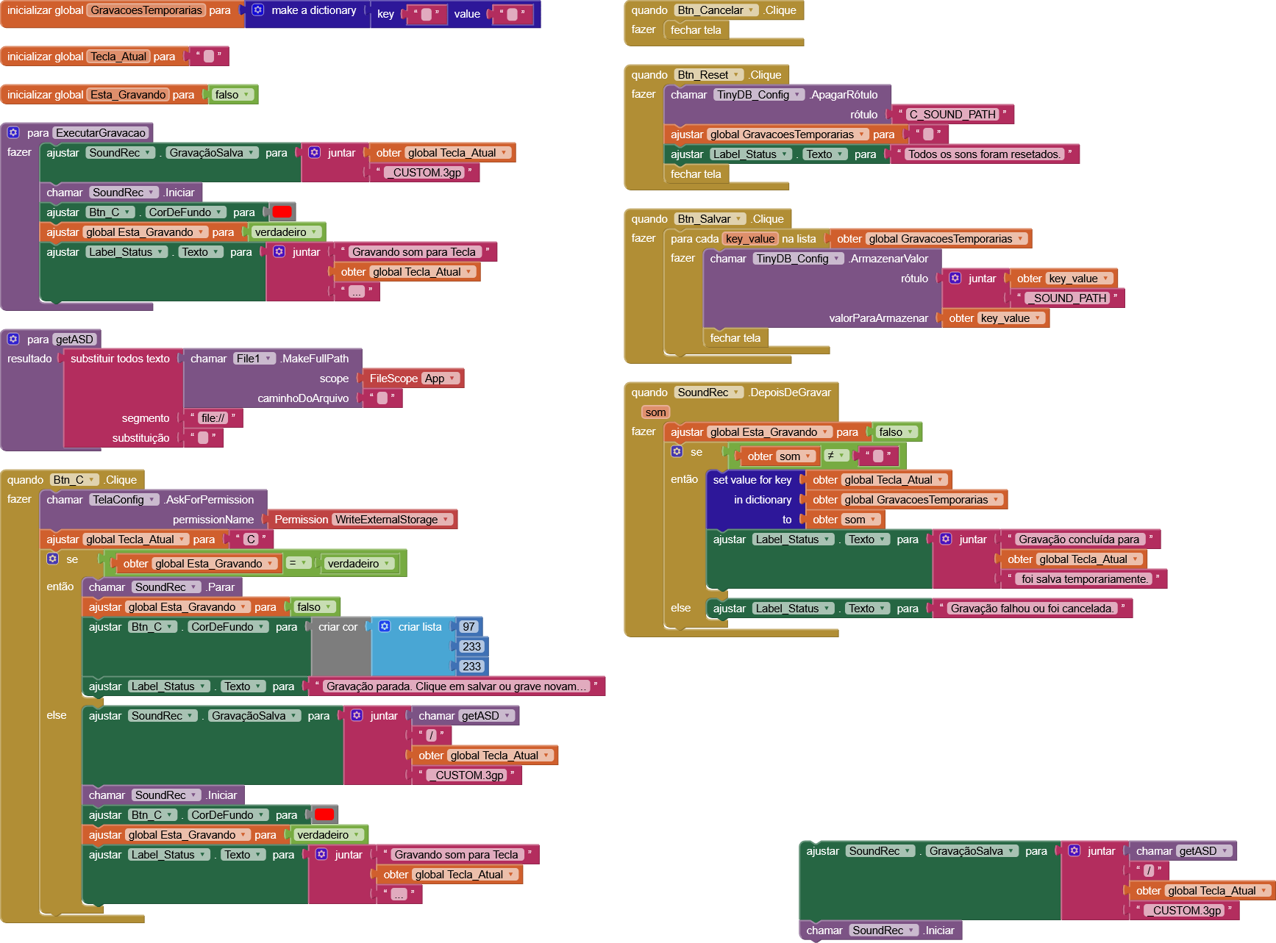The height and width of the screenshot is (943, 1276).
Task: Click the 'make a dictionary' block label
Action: click(x=313, y=10)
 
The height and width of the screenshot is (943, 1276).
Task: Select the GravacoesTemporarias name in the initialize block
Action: click(x=146, y=10)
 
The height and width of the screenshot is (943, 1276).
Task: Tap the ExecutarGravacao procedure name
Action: click(x=101, y=133)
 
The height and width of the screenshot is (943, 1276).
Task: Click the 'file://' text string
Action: click(x=213, y=418)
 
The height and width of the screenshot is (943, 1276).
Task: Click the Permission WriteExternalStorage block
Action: click(x=363, y=520)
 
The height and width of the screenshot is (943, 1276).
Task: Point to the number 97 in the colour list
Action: click(x=468, y=627)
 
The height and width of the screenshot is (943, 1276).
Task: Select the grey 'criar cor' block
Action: click(x=338, y=627)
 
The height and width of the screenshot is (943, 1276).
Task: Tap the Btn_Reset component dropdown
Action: click(x=708, y=75)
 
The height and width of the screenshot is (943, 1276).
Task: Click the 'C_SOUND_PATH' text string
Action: click(x=952, y=115)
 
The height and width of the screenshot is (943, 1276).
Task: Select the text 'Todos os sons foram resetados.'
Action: click(x=983, y=154)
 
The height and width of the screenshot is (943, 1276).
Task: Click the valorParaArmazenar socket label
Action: click(x=878, y=318)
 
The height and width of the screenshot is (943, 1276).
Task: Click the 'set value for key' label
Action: click(x=752, y=480)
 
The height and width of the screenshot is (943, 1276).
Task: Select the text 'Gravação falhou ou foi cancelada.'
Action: click(x=1032, y=609)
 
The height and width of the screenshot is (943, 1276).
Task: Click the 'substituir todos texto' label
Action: click(x=120, y=359)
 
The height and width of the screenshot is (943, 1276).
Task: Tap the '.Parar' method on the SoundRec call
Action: click(x=221, y=587)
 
